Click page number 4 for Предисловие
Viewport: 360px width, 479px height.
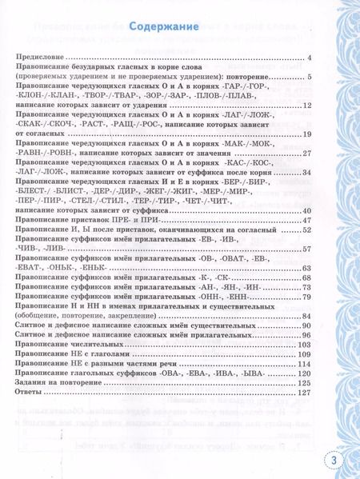309,58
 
